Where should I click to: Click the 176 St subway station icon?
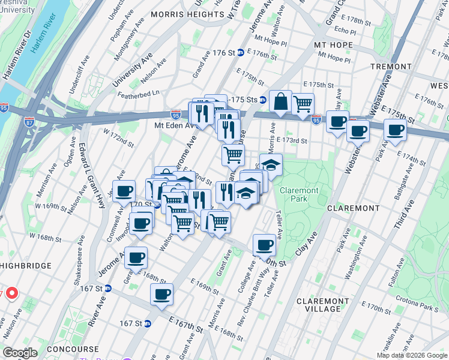(x=240, y=53)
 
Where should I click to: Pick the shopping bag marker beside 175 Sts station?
(x=280, y=102)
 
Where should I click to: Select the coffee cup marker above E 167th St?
(x=161, y=295)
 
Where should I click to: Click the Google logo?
(x=20, y=353)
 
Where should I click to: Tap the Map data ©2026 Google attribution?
(x=411, y=355)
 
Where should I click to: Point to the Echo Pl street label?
(x=345, y=30)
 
